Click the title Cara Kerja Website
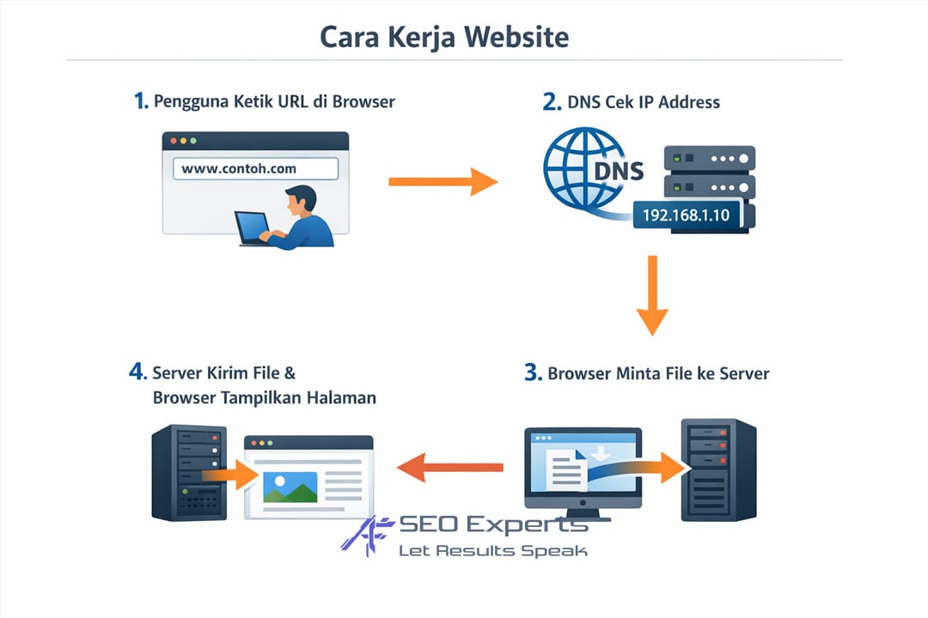tap(443, 37)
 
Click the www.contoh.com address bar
tap(255, 168)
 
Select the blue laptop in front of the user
tap(253, 227)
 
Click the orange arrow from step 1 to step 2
tap(442, 182)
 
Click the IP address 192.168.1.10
tap(686, 215)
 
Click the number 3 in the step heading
tap(532, 373)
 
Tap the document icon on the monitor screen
tap(567, 470)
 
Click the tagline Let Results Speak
tap(492, 550)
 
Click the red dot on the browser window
tap(173, 140)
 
